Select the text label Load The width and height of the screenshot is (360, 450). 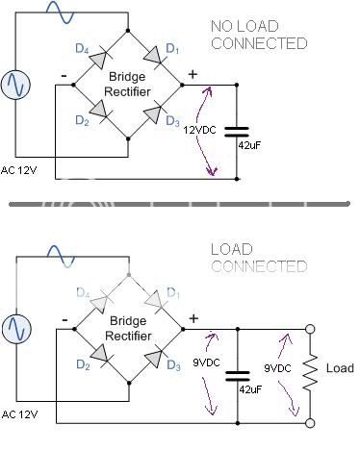tap(339, 368)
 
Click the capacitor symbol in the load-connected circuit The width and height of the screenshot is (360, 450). tap(236, 375)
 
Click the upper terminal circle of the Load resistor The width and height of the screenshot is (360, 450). tap(310, 329)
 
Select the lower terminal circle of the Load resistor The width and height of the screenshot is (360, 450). tap(310, 421)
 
